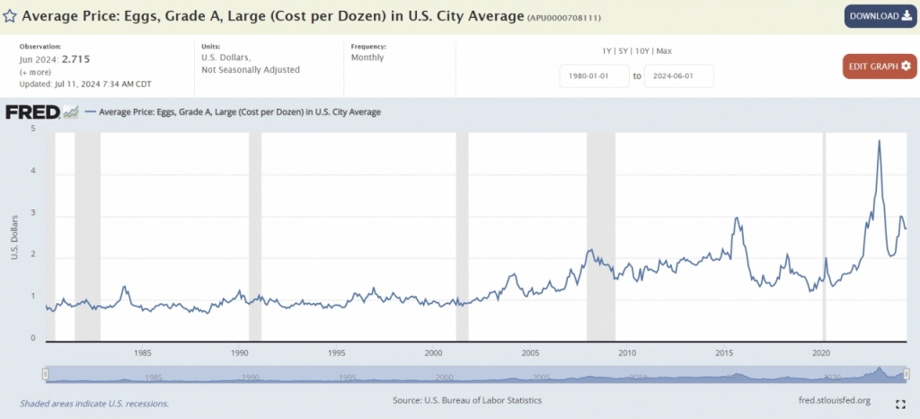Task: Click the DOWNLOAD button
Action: tap(880, 16)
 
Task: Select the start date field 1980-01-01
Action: tap(593, 76)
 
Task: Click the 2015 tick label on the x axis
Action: tap(723, 352)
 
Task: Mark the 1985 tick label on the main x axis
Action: tap(142, 352)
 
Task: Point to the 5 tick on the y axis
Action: tap(33, 129)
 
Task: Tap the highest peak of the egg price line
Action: tap(879, 140)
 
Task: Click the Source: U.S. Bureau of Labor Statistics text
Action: tap(467, 400)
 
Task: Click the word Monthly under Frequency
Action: tap(367, 58)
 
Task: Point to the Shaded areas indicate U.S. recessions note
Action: tap(94, 403)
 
